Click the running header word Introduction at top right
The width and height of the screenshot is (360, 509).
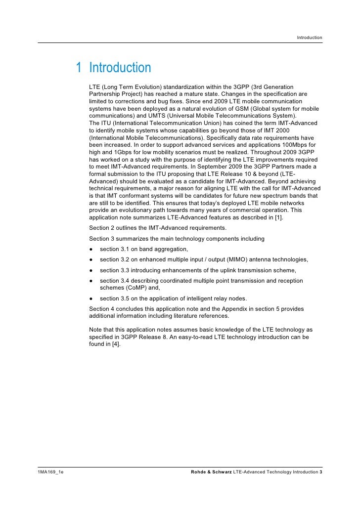(x=310, y=38)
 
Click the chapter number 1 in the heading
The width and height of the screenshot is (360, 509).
(x=79, y=68)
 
